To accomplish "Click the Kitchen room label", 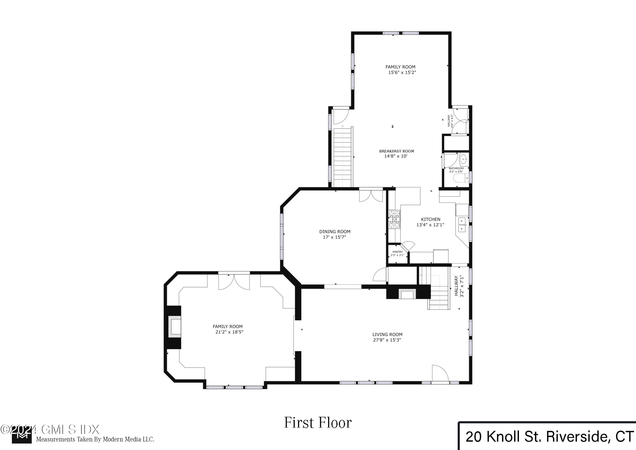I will tap(430, 219).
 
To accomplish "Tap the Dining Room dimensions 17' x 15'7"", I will tap(334, 237).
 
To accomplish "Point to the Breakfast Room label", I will tap(396, 151).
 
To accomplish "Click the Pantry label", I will tap(397, 252).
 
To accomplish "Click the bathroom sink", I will tap(463, 159).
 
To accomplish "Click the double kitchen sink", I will tap(462, 225).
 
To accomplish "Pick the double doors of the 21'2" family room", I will tap(234, 282).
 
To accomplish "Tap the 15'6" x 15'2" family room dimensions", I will tap(402, 73).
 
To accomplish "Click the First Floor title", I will tap(318, 423).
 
